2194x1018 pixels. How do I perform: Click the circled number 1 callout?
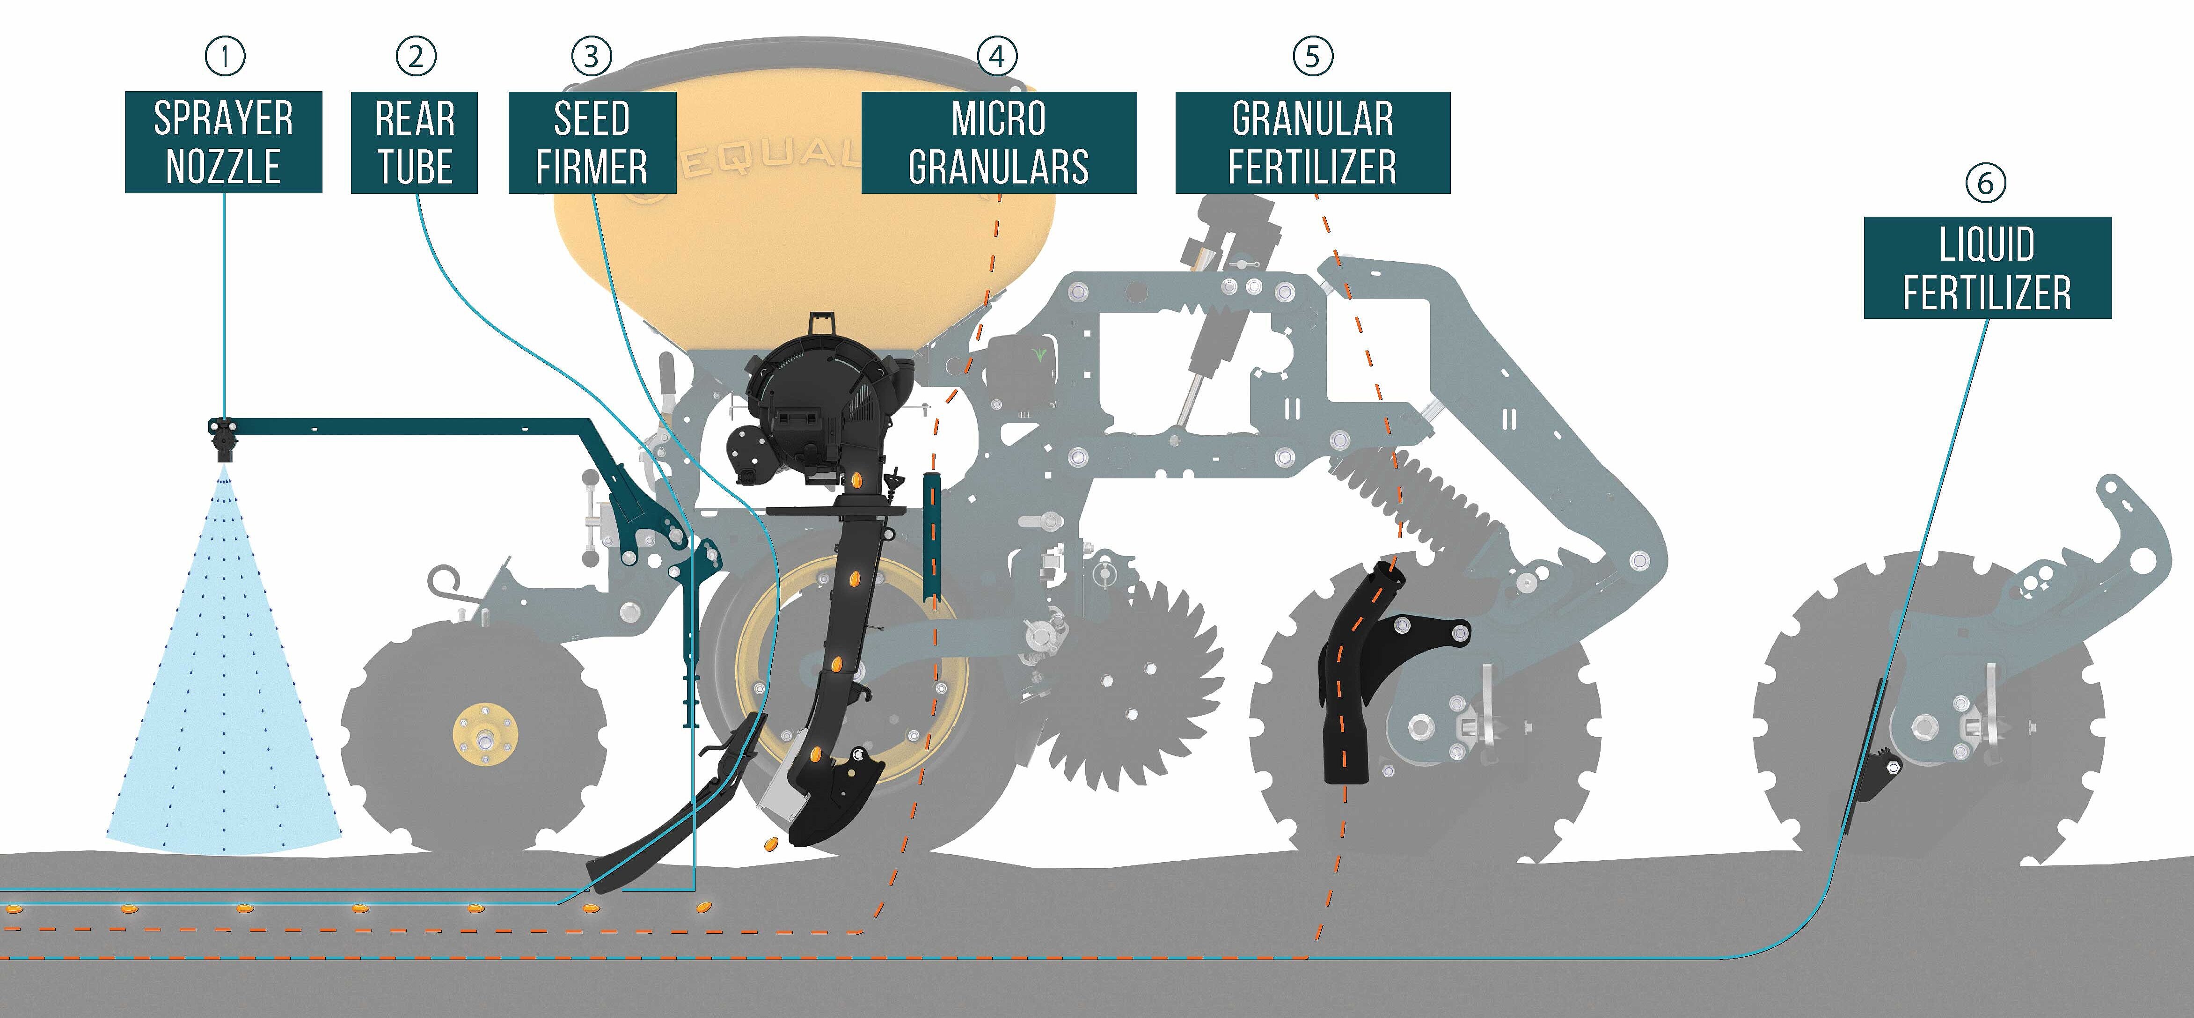point(225,56)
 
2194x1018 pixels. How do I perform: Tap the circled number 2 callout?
point(416,56)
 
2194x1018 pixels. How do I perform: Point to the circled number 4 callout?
point(997,56)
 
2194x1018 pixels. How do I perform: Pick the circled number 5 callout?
point(1312,56)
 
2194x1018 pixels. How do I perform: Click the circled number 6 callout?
point(1985,182)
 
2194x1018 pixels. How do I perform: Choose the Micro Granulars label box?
point(999,142)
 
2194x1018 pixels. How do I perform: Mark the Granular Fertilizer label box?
point(1312,142)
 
